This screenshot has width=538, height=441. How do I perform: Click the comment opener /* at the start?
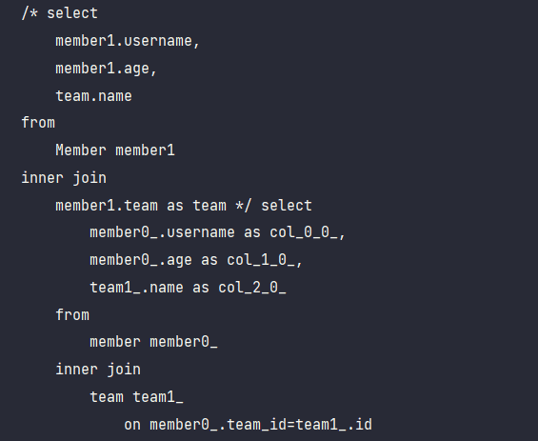pyautogui.click(x=30, y=13)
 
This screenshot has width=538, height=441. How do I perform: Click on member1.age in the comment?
pyautogui.click(x=103, y=69)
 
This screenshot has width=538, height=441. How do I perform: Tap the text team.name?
pyautogui.click(x=93, y=96)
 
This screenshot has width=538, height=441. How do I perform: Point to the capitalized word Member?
pyautogui.click(x=81, y=150)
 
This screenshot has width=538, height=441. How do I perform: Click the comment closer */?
pyautogui.click(x=244, y=205)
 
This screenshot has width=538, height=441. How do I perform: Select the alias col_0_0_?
pyautogui.click(x=304, y=232)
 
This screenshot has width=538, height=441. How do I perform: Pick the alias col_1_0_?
pyautogui.click(x=261, y=260)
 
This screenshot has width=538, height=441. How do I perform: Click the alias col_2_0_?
pyautogui.click(x=252, y=288)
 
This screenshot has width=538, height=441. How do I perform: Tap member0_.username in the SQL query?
pyautogui.click(x=162, y=232)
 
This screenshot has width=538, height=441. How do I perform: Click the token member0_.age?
pyautogui.click(x=141, y=260)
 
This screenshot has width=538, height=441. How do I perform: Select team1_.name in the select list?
pyautogui.click(x=136, y=288)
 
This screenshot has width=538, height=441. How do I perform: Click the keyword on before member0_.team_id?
pyautogui.click(x=132, y=425)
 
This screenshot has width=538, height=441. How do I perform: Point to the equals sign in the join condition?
pyautogui.click(x=291, y=425)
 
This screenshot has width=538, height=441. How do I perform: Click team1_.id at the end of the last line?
pyautogui.click(x=333, y=425)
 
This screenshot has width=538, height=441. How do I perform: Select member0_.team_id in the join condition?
pyautogui.click(x=218, y=425)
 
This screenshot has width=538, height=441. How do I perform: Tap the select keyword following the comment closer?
pyautogui.click(x=287, y=205)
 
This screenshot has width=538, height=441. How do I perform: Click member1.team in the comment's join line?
pyautogui.click(x=107, y=205)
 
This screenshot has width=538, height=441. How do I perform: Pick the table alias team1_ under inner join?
pyautogui.click(x=158, y=397)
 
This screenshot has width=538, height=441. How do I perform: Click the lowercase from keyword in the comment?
pyautogui.click(x=38, y=123)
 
